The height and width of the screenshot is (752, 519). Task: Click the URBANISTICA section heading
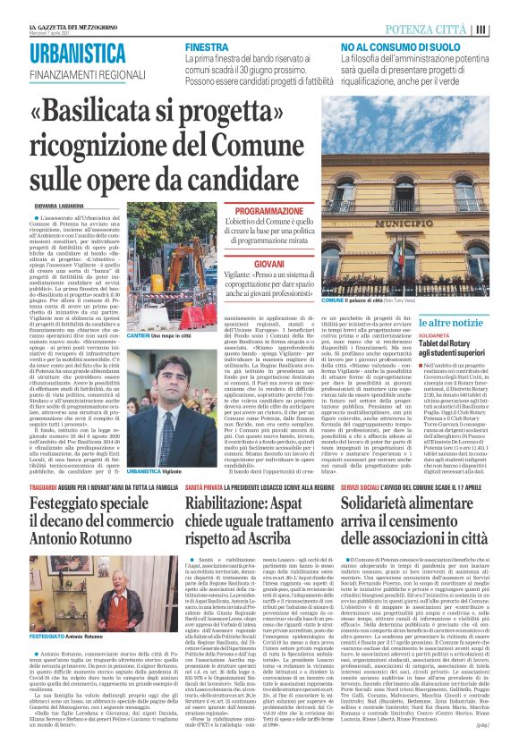[x=77, y=53]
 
